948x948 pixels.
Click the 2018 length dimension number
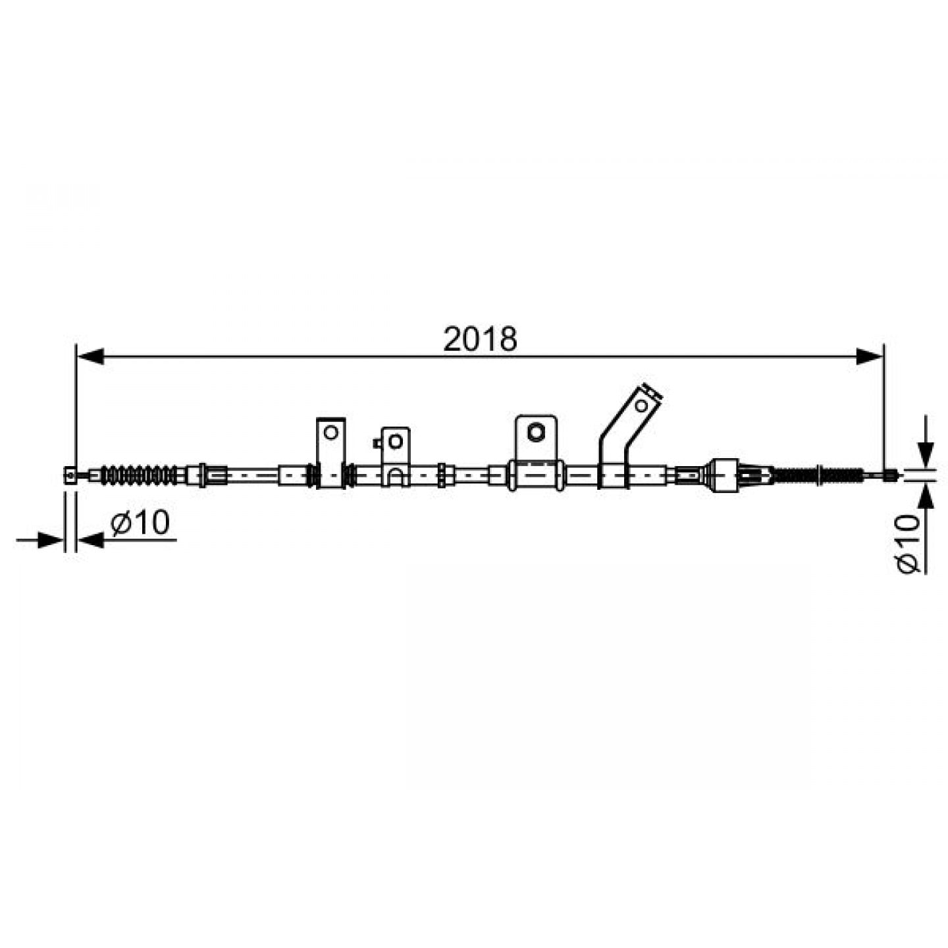[x=480, y=339]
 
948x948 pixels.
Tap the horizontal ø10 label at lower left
[x=140, y=522]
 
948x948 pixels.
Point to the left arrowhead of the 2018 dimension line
[x=91, y=356]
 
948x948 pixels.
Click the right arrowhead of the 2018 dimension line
[x=869, y=356]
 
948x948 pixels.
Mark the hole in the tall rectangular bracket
[x=331, y=433]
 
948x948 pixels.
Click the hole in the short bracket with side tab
[x=396, y=441]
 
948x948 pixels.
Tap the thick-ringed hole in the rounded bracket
[x=536, y=432]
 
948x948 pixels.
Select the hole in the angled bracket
[x=641, y=406]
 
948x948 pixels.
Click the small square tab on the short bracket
[x=377, y=443]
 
